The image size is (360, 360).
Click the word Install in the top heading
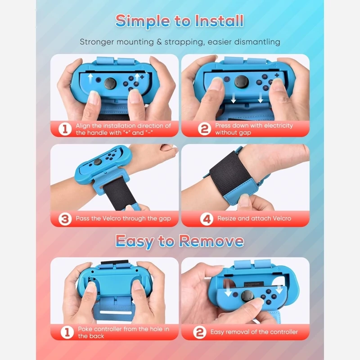[x=219, y=21]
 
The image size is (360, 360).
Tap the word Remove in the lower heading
[x=211, y=241]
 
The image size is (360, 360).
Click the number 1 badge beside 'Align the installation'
[x=65, y=129]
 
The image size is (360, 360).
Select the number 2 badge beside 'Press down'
[x=204, y=129]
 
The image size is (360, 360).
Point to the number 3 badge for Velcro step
[x=65, y=219]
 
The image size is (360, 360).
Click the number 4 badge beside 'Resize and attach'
[x=207, y=219]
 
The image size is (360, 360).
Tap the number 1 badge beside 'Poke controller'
[x=67, y=332]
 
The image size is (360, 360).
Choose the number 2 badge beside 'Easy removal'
[x=199, y=332]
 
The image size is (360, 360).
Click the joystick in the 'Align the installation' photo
[x=110, y=83]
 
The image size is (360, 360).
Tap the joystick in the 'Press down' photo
[x=242, y=82]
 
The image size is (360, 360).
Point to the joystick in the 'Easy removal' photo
[x=247, y=296]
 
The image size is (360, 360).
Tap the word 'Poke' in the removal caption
[x=85, y=329]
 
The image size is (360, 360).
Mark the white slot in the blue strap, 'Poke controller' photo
[x=116, y=312]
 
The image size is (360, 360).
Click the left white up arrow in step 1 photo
[x=90, y=79]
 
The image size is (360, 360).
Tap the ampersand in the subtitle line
[x=159, y=42]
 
